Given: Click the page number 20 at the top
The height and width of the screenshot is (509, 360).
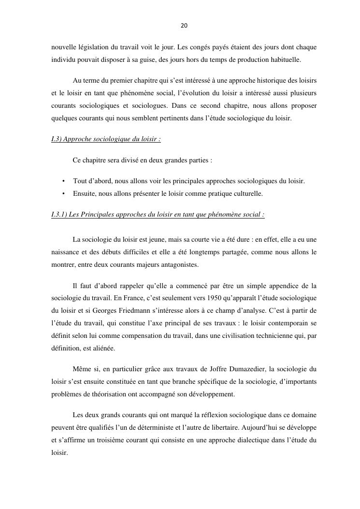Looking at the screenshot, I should click(184, 26).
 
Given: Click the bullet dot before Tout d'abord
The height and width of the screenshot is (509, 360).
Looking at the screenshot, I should click(64, 181).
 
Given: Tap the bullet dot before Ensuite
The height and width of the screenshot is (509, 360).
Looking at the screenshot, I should click(64, 193).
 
